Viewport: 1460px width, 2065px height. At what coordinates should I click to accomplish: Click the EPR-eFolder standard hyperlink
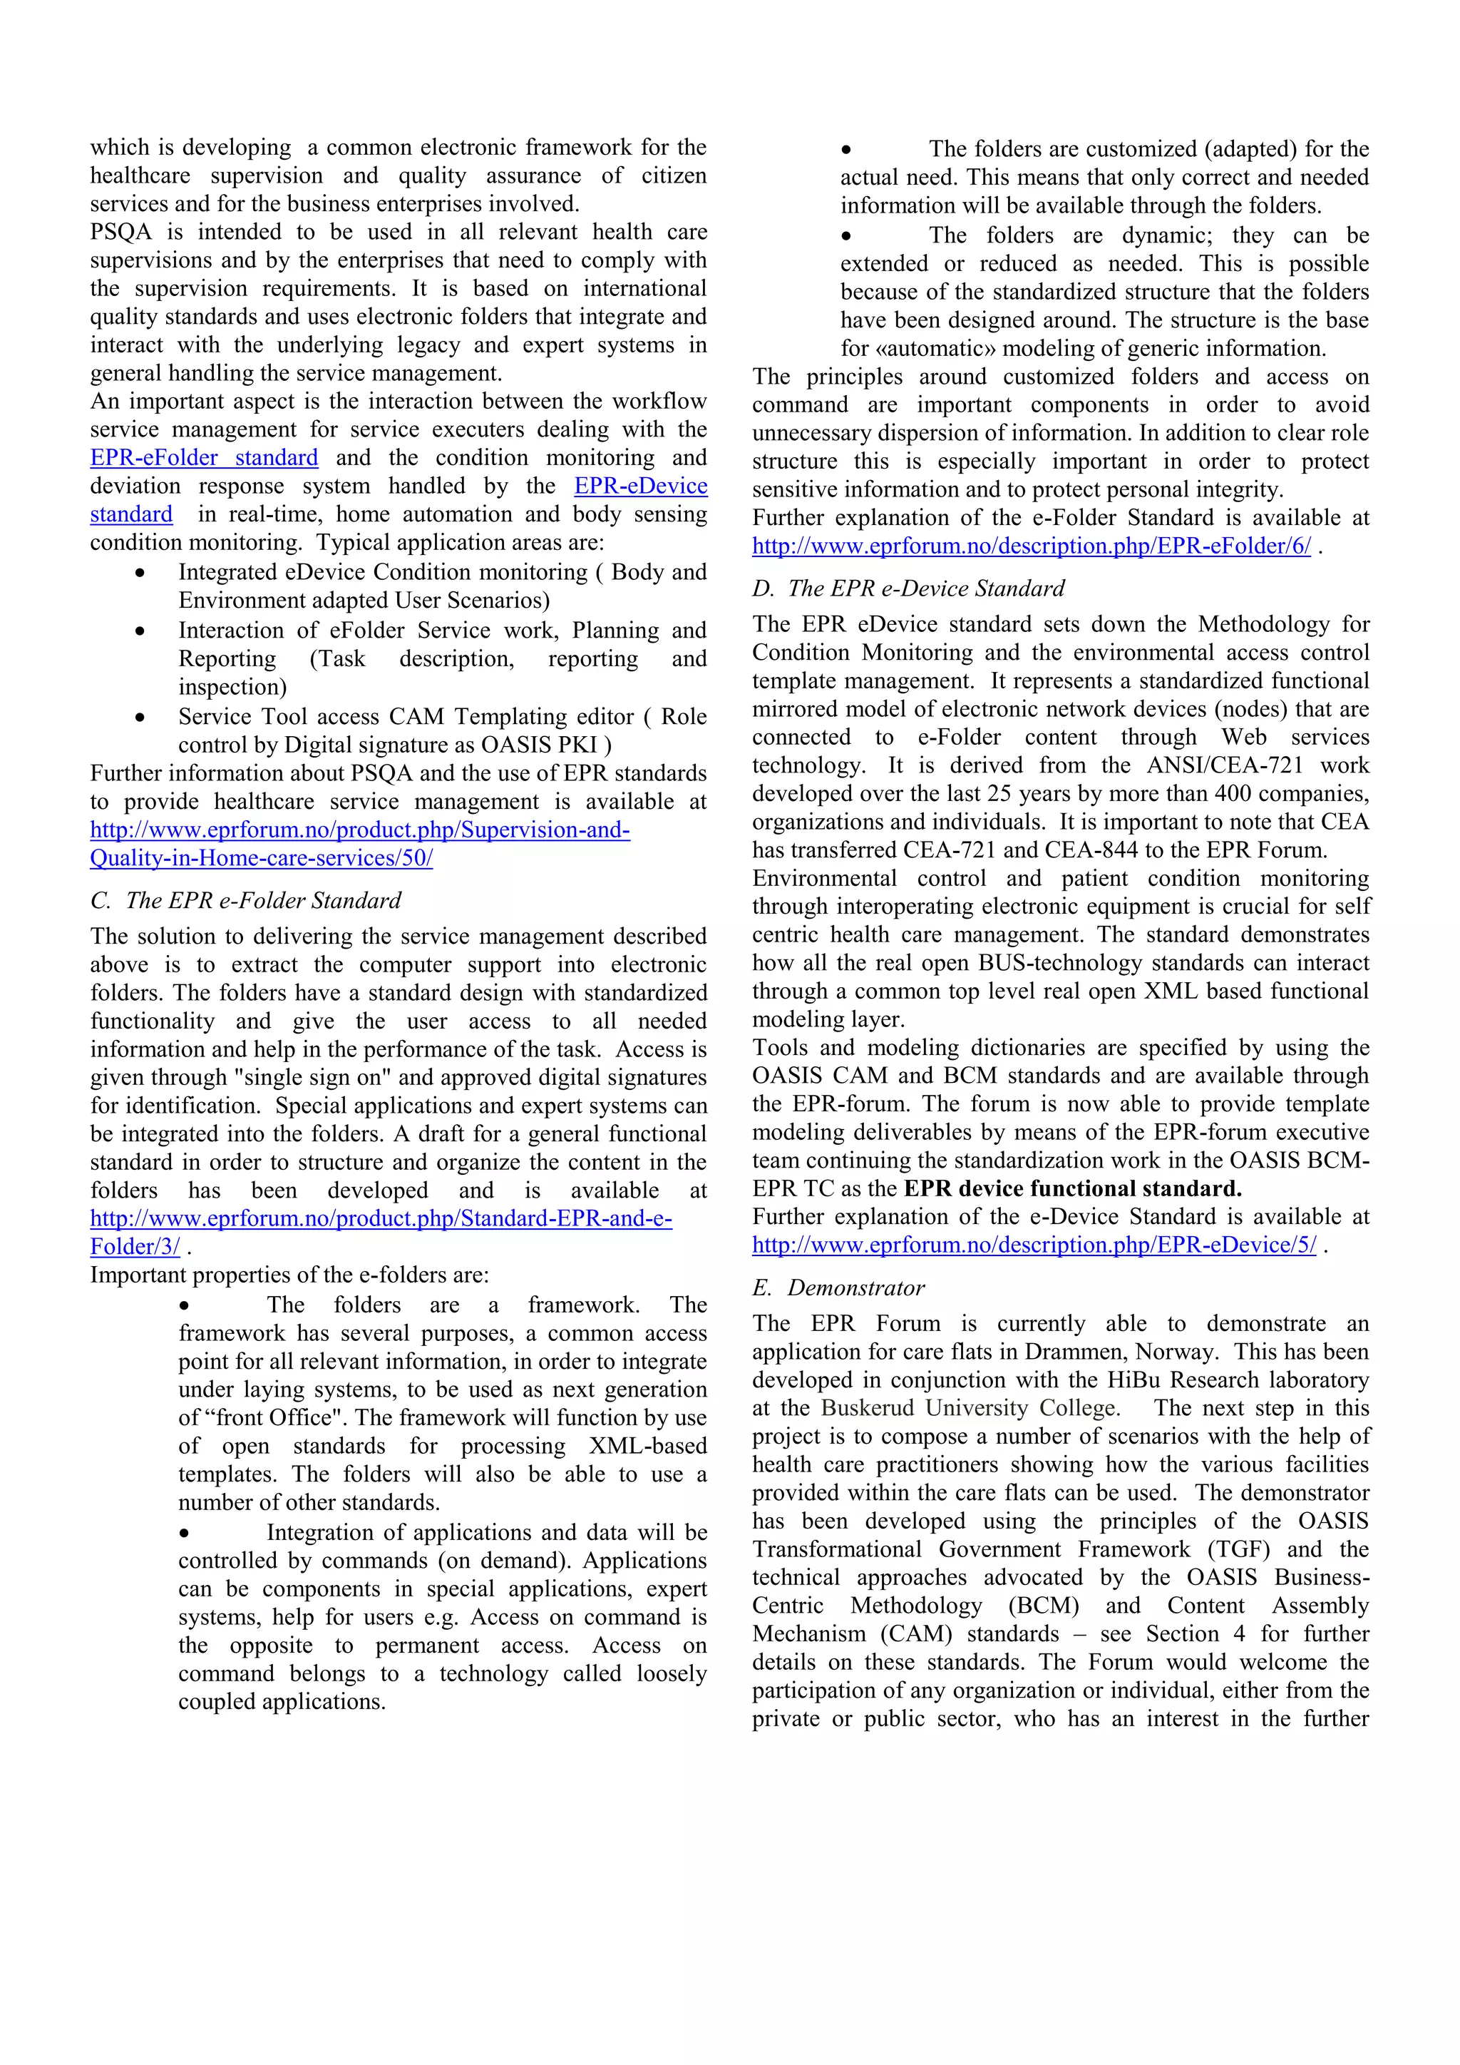tap(204, 458)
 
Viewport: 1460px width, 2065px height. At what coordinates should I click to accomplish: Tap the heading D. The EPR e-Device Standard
tap(908, 588)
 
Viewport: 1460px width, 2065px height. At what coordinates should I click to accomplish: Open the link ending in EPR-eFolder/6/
tap(1031, 546)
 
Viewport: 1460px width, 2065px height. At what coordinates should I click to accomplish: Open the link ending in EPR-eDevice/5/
tap(1034, 1245)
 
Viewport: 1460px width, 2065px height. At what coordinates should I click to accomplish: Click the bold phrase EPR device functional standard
tap(1071, 1188)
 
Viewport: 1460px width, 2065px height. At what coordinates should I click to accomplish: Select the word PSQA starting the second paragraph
tap(120, 232)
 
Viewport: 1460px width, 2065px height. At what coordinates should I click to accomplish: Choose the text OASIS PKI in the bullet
tap(540, 745)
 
